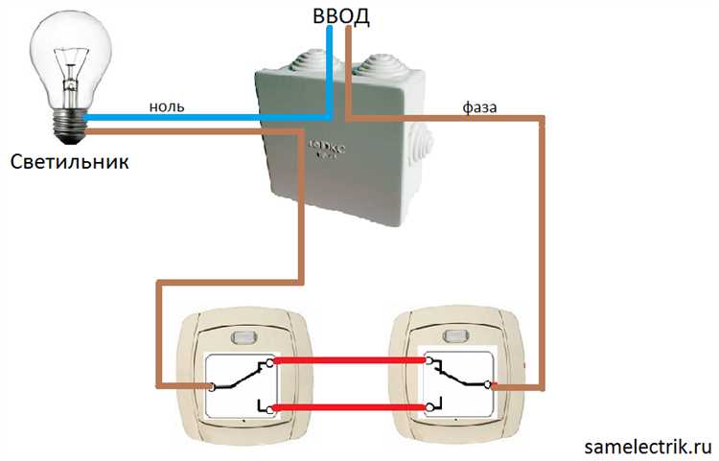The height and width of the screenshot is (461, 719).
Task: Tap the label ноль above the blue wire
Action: coord(167,105)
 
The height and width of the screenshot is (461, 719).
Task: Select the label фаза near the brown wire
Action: coord(478,108)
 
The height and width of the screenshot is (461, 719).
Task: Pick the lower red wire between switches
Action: coord(351,409)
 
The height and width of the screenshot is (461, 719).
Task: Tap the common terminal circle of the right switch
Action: coord(487,385)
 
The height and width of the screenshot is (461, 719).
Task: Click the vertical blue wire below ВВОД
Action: coord(330,67)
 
